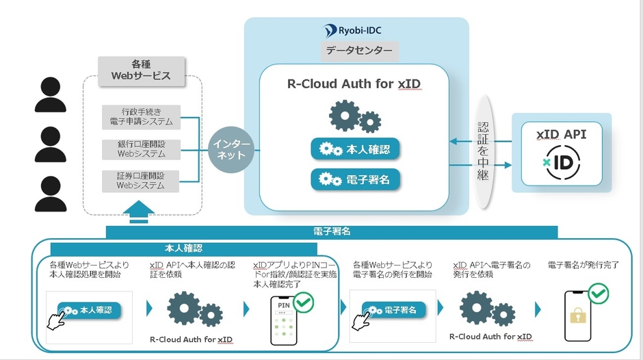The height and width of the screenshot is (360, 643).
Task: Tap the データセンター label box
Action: tap(359, 51)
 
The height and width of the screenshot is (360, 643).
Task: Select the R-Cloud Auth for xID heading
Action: tap(354, 84)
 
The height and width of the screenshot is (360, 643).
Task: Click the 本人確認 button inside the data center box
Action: tap(355, 149)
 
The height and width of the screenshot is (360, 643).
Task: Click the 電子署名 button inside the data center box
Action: tap(355, 179)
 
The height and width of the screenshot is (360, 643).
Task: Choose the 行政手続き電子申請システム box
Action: tap(141, 116)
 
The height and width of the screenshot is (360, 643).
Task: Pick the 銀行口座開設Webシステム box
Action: tap(141, 149)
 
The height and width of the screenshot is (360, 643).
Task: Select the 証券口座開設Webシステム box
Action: tap(141, 181)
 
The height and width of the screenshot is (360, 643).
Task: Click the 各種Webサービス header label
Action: tap(142, 70)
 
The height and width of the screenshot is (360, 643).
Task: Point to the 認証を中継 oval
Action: tap(484, 151)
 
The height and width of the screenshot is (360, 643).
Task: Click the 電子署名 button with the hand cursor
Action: tap(393, 310)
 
